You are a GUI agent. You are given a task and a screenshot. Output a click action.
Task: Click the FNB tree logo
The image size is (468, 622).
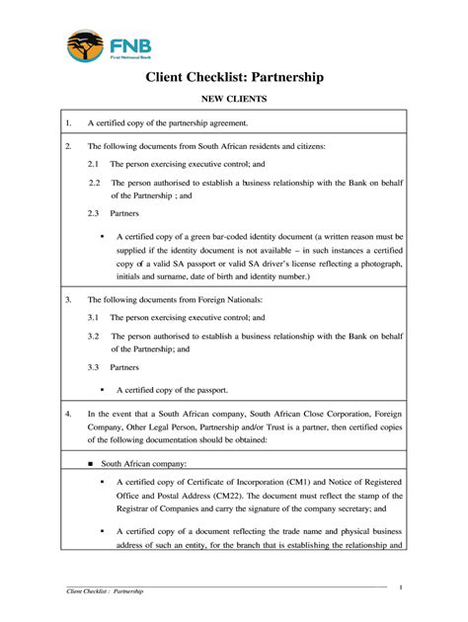[x=84, y=45]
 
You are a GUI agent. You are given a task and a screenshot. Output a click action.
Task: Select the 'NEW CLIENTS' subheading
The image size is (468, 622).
[x=234, y=100]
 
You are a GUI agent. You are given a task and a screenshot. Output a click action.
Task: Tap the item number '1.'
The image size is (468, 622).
[x=69, y=123]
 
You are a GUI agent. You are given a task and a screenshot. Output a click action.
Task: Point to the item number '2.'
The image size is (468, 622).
[x=69, y=145]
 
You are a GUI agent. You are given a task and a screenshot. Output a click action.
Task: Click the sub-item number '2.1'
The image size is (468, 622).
[x=94, y=164]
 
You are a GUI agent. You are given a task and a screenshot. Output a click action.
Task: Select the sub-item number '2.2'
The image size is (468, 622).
[x=94, y=183]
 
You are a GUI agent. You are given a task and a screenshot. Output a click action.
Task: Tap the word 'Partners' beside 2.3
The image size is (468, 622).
[x=124, y=213]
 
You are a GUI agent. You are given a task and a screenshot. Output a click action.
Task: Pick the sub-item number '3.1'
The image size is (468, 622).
[x=94, y=318]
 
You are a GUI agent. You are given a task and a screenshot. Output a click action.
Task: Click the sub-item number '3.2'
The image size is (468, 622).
[x=94, y=337]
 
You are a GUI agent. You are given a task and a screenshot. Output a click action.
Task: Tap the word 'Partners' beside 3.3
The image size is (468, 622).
[x=124, y=367]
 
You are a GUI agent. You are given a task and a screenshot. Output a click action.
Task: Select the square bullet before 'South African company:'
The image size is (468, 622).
[x=91, y=462]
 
